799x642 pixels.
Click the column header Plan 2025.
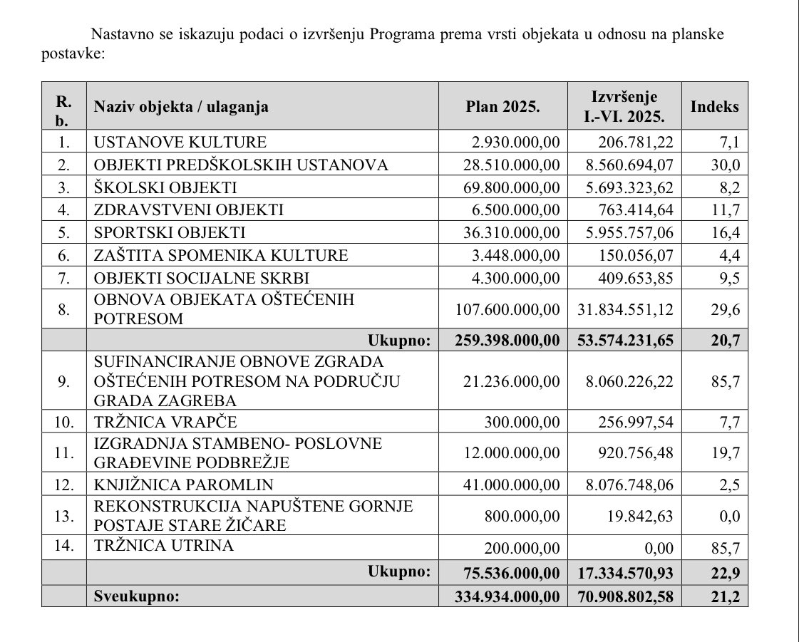502,107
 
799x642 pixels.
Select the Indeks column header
714,107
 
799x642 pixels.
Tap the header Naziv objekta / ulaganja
181,107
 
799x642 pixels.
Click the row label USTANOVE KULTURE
180,142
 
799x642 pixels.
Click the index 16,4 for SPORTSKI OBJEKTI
727,233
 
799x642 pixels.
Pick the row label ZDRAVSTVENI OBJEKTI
189,210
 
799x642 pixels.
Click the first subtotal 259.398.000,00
507,340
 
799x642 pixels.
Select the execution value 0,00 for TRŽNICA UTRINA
658,547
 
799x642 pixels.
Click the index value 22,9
726,572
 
